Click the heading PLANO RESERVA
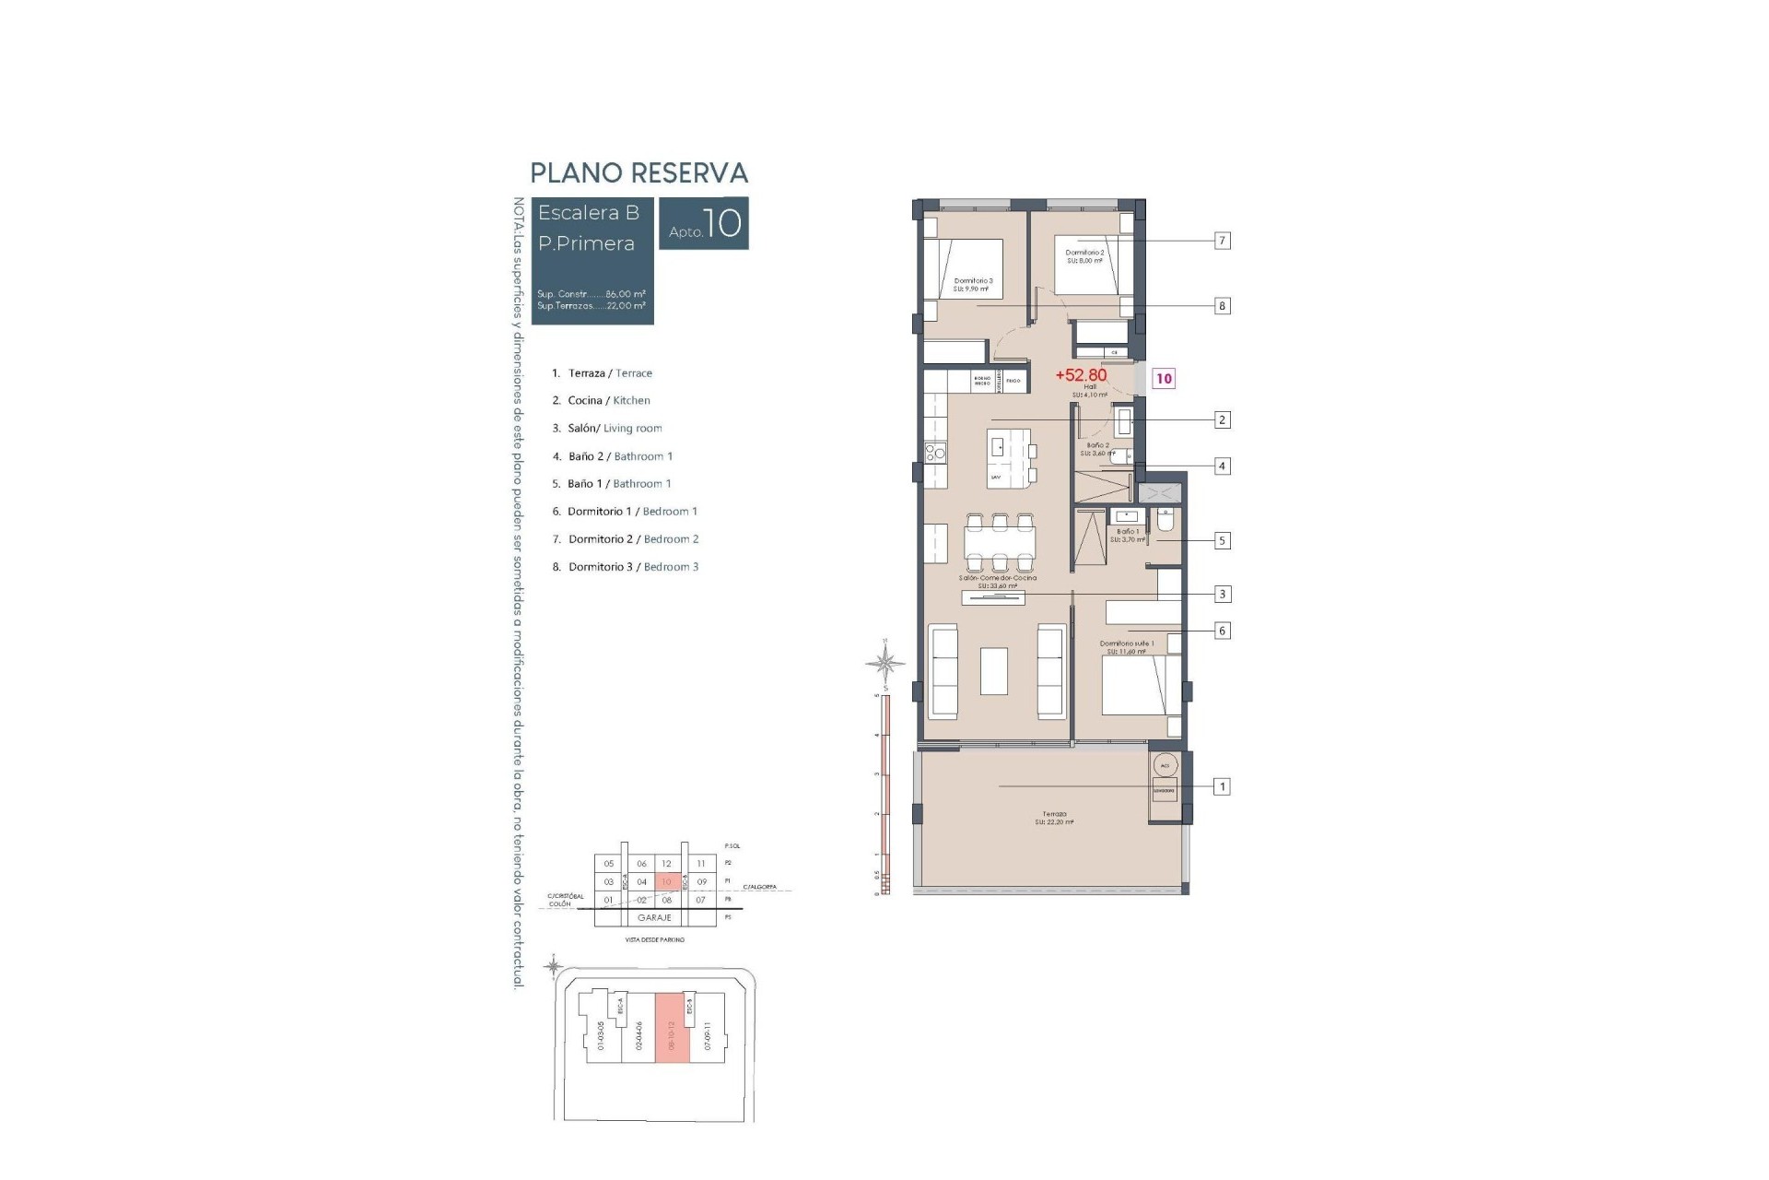click(x=638, y=173)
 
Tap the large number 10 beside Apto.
click(x=724, y=223)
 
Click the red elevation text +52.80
click(x=1081, y=375)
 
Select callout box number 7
click(x=1222, y=241)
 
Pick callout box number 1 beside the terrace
click(x=1222, y=786)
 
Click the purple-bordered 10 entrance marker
click(x=1164, y=378)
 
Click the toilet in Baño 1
click(x=1165, y=523)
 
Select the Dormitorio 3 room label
click(x=973, y=280)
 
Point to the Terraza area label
click(x=1054, y=815)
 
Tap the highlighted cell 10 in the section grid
click(x=667, y=881)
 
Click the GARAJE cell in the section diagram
click(x=654, y=917)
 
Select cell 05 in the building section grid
click(x=608, y=864)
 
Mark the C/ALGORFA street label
click(x=759, y=887)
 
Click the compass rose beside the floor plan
click(x=885, y=662)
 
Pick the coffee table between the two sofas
click(x=993, y=670)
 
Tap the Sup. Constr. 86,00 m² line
click(x=591, y=293)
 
